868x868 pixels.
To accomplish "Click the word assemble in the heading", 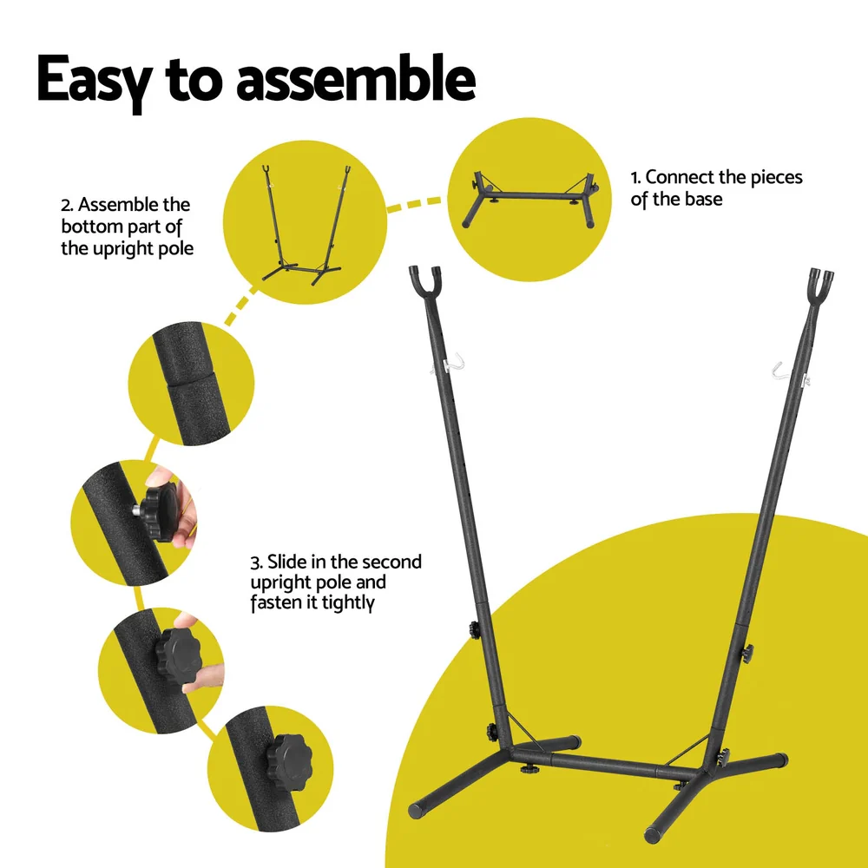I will pos(356,80).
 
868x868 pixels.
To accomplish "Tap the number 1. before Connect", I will pos(636,177).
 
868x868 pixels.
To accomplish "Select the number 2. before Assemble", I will pos(67,205).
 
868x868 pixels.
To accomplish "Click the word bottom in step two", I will pos(89,227).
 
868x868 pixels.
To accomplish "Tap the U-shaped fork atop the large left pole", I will pos(423,282).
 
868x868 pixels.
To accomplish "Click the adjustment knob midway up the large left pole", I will pos(475,628).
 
